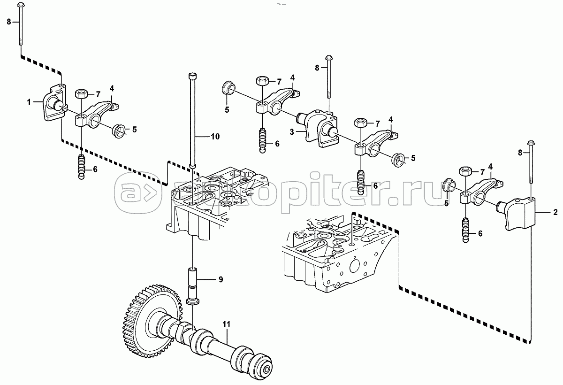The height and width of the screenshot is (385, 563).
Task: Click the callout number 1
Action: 29,102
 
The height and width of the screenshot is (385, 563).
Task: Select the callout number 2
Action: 555,212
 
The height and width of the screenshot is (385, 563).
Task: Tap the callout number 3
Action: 291,132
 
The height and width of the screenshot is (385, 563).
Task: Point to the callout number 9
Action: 221,279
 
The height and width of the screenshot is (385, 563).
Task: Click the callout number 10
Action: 215,137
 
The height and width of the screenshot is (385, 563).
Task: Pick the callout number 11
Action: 227,324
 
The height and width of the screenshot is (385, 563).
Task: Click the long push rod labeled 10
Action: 192,121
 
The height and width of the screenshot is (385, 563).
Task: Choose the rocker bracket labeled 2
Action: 517,214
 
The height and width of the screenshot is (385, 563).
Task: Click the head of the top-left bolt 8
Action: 21,5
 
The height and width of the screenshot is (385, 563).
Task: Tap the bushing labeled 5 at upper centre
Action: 228,88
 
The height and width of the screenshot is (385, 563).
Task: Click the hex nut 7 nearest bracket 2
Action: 465,172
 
